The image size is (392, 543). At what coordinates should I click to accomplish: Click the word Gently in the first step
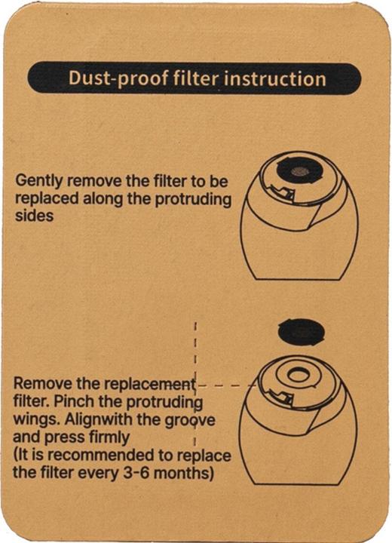pyautogui.click(x=38, y=182)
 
